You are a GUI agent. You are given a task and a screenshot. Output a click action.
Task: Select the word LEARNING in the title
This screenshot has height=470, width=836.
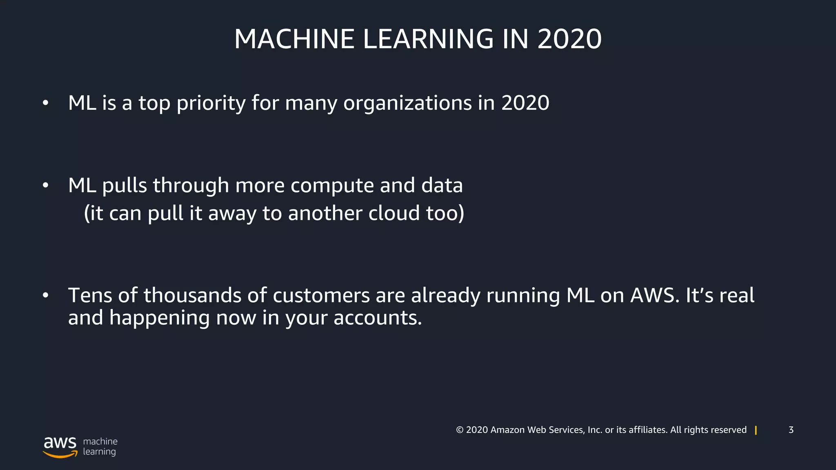[x=428, y=39]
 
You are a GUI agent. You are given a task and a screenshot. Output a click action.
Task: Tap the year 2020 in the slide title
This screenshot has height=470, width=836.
[x=569, y=39]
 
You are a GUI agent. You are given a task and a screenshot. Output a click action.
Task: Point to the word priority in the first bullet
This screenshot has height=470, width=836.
[x=211, y=103]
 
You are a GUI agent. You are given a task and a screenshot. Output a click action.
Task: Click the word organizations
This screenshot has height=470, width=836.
[x=407, y=103]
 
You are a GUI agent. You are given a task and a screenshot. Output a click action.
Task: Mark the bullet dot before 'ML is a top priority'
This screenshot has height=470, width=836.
[x=45, y=103]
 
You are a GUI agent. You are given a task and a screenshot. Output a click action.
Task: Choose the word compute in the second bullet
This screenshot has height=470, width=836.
[x=332, y=186]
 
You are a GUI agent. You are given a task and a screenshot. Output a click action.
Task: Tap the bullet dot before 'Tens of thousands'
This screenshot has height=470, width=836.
[x=45, y=295]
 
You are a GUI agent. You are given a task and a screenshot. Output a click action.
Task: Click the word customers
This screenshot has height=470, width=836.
[x=321, y=295]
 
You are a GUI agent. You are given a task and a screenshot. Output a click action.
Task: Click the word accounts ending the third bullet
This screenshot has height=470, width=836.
[x=377, y=318]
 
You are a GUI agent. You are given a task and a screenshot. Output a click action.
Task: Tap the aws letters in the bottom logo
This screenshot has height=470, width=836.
[x=60, y=443]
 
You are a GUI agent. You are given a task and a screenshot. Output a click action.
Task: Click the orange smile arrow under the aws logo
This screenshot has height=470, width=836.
[x=60, y=454]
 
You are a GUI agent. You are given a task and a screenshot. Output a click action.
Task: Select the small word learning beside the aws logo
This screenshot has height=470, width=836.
[x=99, y=452]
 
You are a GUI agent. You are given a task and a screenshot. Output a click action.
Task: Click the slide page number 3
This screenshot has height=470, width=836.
[x=791, y=430]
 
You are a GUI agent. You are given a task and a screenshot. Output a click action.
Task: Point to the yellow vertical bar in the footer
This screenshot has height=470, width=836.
[x=756, y=430]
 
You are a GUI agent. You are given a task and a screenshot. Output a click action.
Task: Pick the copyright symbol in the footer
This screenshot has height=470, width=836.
[x=460, y=430]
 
